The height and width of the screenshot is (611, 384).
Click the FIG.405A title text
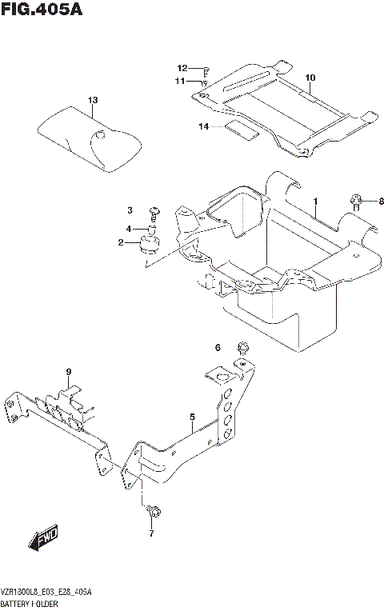[x=42, y=11]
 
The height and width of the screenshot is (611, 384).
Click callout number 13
[x=92, y=100]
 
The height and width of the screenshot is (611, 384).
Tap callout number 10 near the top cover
[x=310, y=78]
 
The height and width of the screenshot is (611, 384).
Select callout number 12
[x=182, y=68]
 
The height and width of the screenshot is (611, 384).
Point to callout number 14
[x=204, y=126]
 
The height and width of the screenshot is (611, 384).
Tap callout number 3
[x=129, y=210]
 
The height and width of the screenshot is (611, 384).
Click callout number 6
[x=217, y=346]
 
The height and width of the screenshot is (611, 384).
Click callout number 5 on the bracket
[x=193, y=416]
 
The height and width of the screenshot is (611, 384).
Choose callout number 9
[x=69, y=372]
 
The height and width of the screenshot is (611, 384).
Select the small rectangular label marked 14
[x=241, y=130]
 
